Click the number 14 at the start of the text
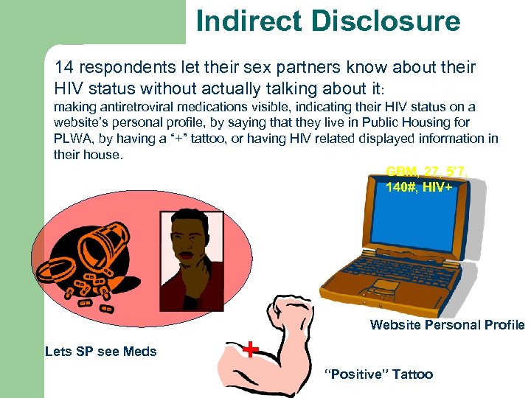coord(64,68)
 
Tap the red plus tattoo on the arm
coord(252,349)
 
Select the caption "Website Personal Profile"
coord(447,325)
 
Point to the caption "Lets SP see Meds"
coord(101,352)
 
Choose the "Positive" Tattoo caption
coord(378,374)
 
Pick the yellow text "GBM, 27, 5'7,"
coord(426,172)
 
